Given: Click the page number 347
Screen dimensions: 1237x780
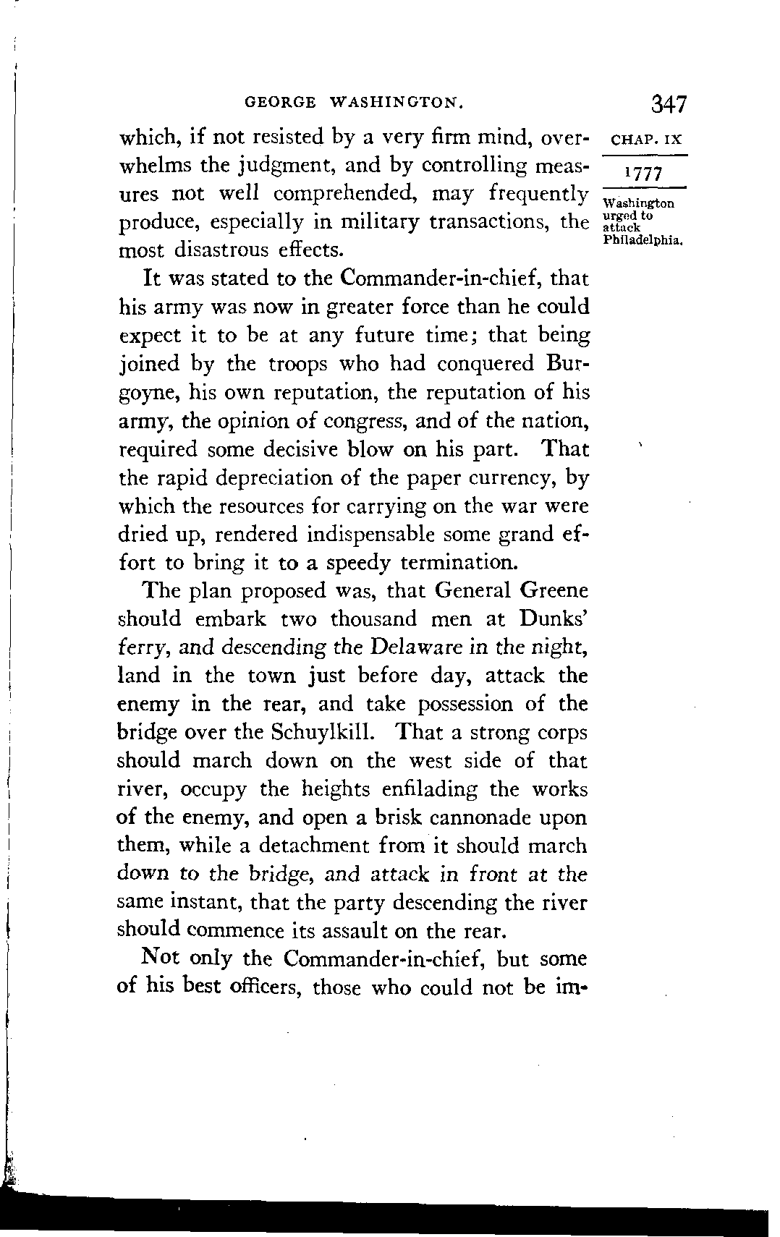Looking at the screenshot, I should click(x=667, y=103).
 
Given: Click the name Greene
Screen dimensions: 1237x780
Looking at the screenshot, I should click(x=554, y=591).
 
